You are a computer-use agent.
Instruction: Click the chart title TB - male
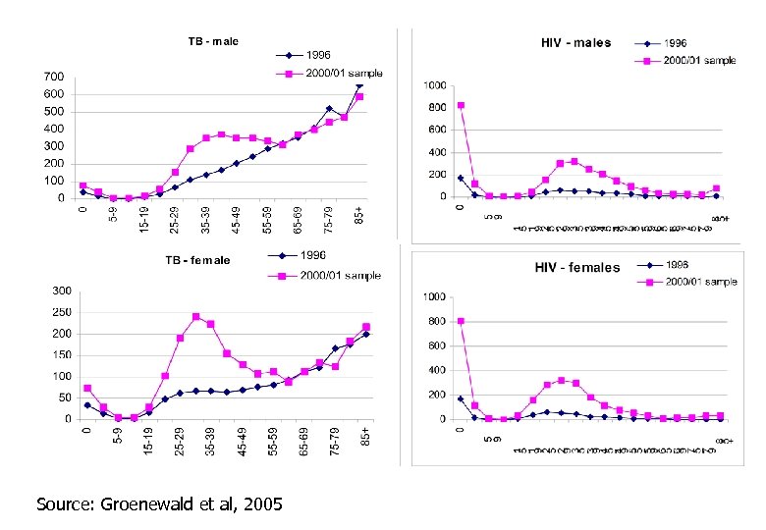tap(213, 41)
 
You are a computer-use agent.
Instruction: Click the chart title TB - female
tap(197, 260)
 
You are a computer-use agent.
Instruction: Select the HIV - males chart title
tap(575, 42)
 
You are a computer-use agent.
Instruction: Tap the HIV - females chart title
tap(576, 267)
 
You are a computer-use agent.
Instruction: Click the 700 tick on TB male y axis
tap(54, 77)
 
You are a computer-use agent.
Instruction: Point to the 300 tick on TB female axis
tap(60, 291)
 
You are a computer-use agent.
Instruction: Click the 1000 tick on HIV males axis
tap(433, 86)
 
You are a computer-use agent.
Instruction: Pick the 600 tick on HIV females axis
tap(436, 345)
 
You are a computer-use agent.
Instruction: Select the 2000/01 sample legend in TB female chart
tap(340, 276)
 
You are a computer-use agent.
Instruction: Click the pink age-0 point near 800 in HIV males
tap(461, 106)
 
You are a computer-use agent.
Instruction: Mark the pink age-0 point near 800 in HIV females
tap(461, 321)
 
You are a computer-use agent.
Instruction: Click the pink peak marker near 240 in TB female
tap(196, 317)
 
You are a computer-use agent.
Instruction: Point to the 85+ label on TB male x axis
tap(361, 215)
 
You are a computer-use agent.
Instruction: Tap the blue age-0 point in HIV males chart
tap(461, 179)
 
